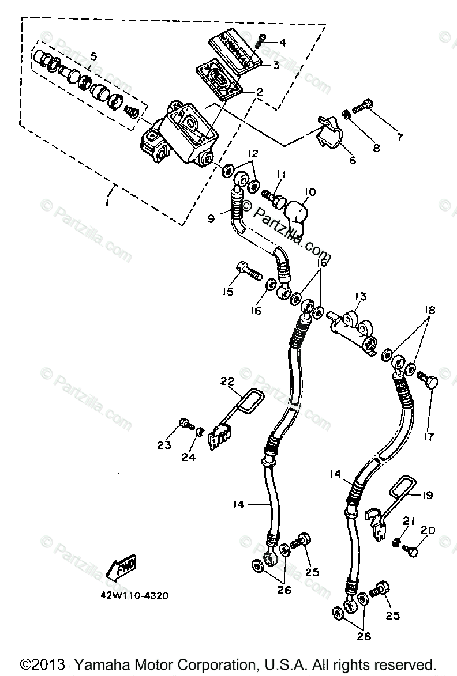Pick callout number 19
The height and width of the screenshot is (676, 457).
[428, 495]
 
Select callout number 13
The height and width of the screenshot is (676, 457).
[361, 297]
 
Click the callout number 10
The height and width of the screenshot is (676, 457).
[312, 192]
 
